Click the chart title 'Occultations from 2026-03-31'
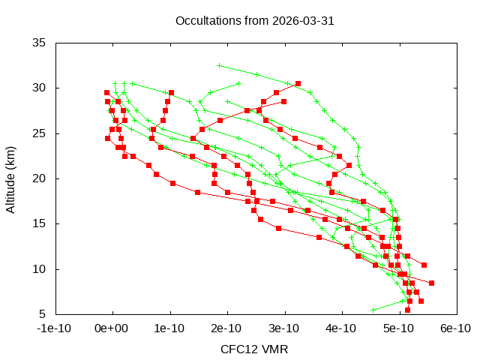tap(254, 20)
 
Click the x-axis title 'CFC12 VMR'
tap(254, 349)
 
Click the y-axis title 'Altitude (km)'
tap(10, 178)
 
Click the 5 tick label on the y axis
tap(43, 313)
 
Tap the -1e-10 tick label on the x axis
tap(55, 328)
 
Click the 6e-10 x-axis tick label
tap(455, 328)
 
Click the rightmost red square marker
tap(431, 283)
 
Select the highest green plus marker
tap(219, 65)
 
